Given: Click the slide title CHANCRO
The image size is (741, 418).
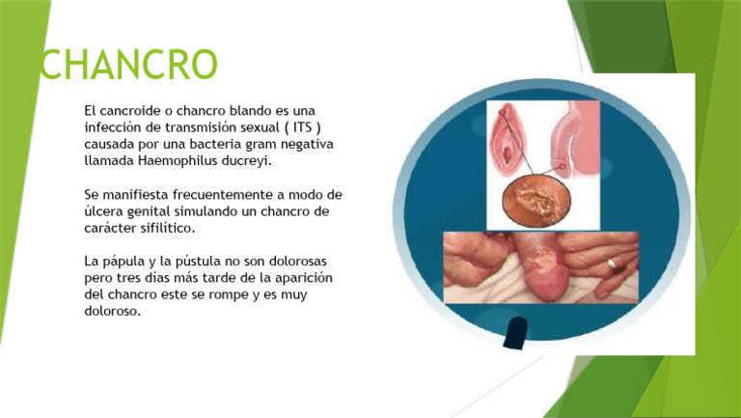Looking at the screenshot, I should [x=129, y=66].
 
